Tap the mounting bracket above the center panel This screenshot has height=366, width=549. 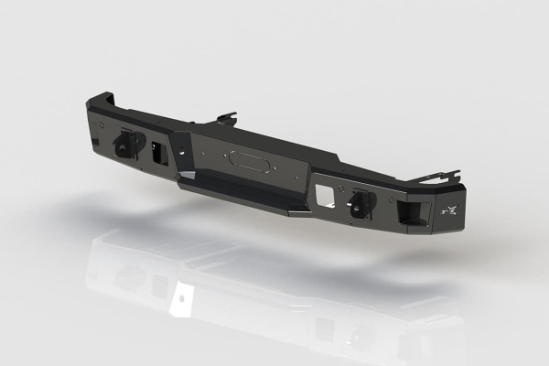pyautogui.click(x=227, y=119)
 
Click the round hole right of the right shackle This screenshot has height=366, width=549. pyautogui.click(x=375, y=210)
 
